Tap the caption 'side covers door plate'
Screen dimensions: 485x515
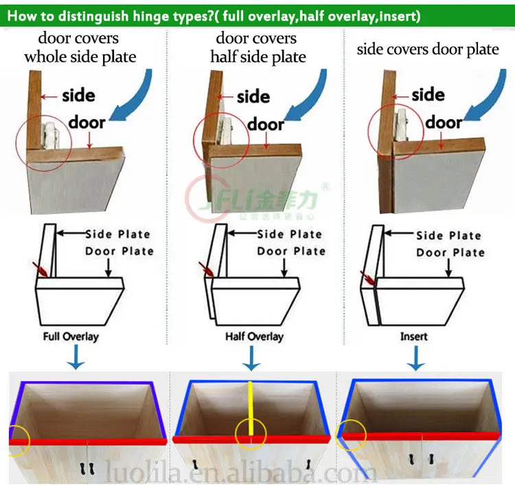[x=428, y=50]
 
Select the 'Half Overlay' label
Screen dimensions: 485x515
[x=254, y=337]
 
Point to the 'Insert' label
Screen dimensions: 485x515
[x=413, y=337]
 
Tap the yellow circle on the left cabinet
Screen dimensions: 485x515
[x=19, y=441]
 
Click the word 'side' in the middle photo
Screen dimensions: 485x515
[x=253, y=97]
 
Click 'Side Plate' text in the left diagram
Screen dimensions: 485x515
[x=117, y=235]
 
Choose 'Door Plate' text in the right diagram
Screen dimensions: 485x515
[x=450, y=252]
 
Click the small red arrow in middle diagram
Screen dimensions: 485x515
[x=203, y=270]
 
